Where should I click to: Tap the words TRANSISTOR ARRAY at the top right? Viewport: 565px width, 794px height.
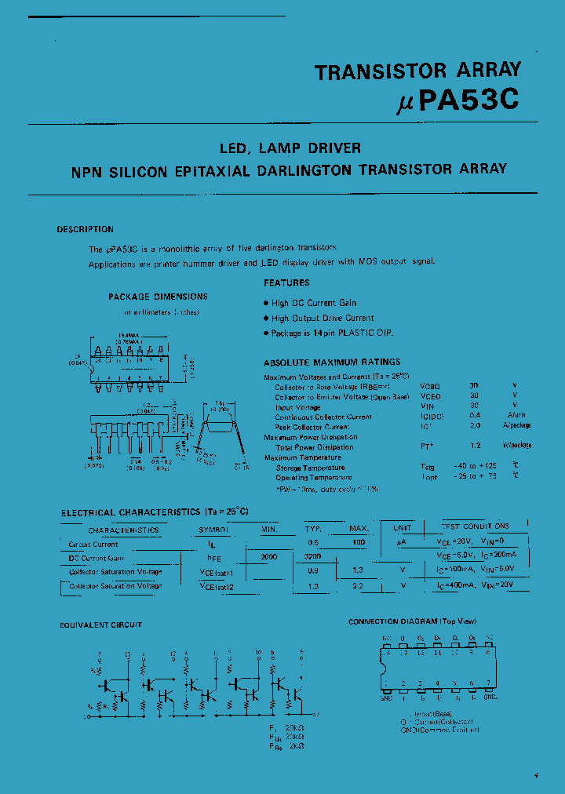click(x=417, y=71)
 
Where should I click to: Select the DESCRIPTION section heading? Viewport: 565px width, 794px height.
click(x=85, y=229)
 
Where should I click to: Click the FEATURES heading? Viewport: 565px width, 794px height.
click(x=286, y=282)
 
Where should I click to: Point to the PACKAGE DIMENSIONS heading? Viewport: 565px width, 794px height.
click(x=158, y=297)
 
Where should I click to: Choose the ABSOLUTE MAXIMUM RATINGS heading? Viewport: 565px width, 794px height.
click(x=332, y=362)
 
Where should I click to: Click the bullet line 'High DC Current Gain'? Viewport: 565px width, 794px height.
click(x=314, y=303)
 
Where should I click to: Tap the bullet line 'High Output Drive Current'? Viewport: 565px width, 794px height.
click(x=323, y=318)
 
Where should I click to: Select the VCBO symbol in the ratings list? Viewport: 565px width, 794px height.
click(x=431, y=387)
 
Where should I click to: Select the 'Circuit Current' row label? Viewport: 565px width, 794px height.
click(x=93, y=544)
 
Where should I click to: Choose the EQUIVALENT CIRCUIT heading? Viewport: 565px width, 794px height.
click(x=101, y=625)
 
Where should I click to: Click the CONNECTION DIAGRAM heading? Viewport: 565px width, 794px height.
click(x=403, y=621)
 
